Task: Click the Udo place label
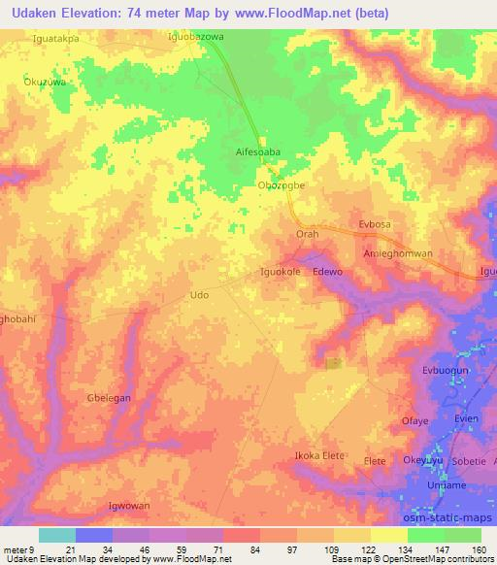point(200,294)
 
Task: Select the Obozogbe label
point(282,185)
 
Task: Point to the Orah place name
point(307,235)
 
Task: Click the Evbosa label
point(374,223)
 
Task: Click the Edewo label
point(328,273)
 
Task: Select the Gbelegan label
point(109,399)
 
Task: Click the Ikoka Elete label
point(321,454)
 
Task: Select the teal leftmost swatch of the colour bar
point(56,535)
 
